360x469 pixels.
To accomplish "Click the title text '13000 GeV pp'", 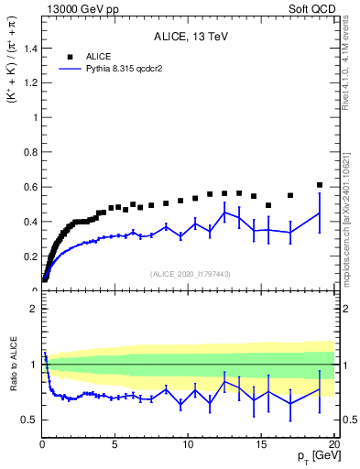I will coord(79,8).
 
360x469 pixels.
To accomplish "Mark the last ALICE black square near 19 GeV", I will coord(320,185).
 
